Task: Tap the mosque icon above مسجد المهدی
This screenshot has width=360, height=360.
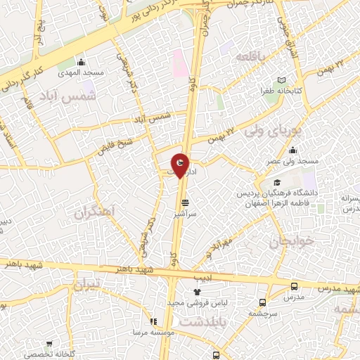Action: point(83,61)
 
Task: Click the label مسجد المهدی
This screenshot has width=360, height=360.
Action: point(82,72)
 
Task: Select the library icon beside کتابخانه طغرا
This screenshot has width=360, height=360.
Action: point(283,81)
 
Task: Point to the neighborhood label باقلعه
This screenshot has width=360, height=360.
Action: point(252,56)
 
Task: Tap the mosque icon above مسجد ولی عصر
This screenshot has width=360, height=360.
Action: point(292,150)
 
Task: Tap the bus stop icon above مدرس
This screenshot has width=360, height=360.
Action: point(294,286)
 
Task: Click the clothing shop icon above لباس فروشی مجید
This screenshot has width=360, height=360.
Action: point(196,291)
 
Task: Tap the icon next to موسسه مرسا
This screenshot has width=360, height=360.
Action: point(154,321)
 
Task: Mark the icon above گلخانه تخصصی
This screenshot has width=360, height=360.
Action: point(49,345)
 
